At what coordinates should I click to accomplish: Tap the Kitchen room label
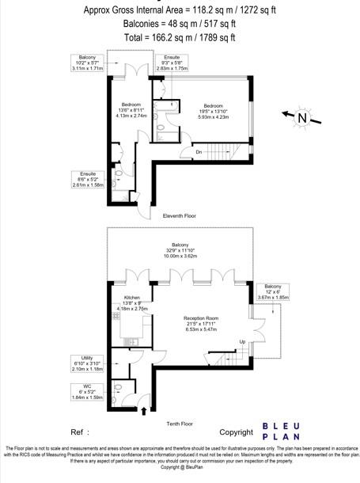(x=131, y=297)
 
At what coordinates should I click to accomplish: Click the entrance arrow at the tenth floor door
(x=143, y=411)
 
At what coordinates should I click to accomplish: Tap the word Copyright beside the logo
(x=236, y=433)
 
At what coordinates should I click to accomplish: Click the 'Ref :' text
(x=80, y=433)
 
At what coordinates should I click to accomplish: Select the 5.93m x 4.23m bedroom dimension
(x=214, y=116)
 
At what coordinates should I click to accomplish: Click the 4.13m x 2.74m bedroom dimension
(x=132, y=116)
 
